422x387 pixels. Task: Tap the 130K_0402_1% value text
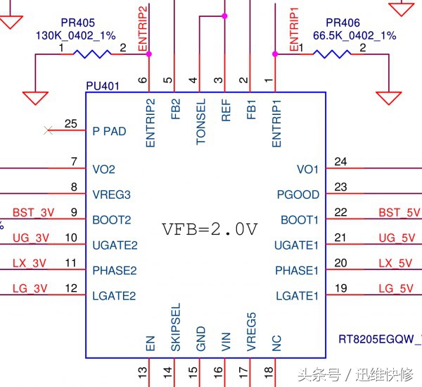75,34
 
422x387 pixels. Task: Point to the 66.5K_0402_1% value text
355,35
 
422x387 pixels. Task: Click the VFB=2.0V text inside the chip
210,229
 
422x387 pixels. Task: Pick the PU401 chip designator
103,86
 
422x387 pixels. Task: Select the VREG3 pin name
112,195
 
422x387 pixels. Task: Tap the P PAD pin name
110,130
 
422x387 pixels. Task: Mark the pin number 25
70,124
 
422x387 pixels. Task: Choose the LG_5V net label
395,288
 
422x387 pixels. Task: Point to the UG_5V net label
395,238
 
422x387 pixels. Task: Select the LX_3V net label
29,264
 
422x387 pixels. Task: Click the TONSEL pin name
201,122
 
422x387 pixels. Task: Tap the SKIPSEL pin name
176,328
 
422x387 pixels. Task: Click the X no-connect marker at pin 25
48,130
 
